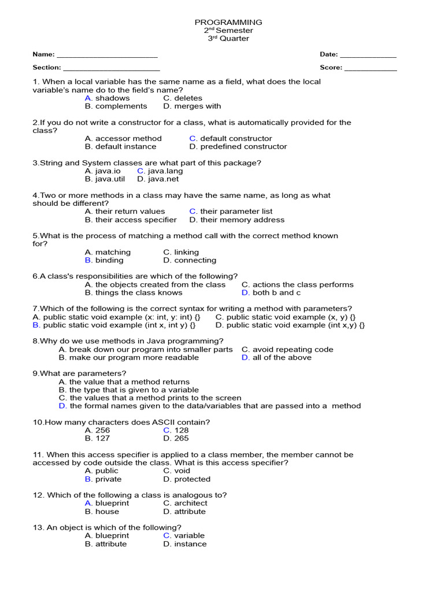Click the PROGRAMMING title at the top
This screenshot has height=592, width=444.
point(228,22)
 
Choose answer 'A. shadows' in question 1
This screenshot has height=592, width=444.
point(107,98)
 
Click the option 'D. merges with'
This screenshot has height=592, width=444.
point(192,106)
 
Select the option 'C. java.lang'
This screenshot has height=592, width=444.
point(160,171)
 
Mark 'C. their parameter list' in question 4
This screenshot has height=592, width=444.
point(231,212)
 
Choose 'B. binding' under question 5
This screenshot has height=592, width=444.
point(104,260)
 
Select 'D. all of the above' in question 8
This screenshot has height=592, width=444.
point(276,357)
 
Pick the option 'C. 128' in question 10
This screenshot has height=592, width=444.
point(176,430)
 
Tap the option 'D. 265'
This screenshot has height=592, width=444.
point(176,438)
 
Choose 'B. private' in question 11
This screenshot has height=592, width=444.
point(103,479)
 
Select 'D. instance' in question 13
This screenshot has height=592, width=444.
point(184,544)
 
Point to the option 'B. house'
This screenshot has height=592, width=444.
point(102,512)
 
